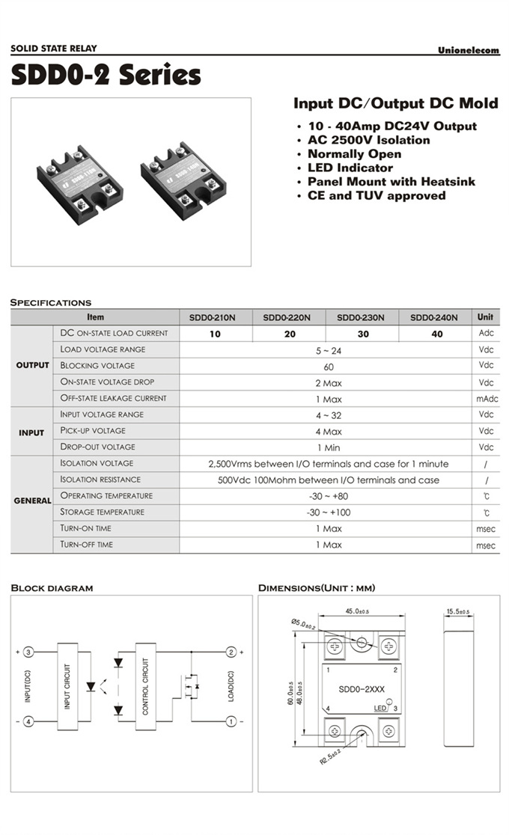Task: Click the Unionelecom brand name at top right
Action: coord(468,50)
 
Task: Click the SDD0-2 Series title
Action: coord(106,75)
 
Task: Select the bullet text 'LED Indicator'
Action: coord(350,168)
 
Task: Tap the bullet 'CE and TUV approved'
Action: coord(377,195)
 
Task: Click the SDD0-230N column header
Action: coord(361,317)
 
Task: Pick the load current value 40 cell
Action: coord(437,334)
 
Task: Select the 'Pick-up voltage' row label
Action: coord(93,431)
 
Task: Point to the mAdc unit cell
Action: coord(486,399)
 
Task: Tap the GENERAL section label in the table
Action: coord(32,501)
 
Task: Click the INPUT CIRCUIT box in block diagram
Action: coord(67,686)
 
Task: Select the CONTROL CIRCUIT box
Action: coord(145,686)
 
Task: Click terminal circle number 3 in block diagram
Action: coord(28,652)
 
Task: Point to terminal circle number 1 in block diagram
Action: coord(231,721)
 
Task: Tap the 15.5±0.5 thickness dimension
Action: coord(457,612)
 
